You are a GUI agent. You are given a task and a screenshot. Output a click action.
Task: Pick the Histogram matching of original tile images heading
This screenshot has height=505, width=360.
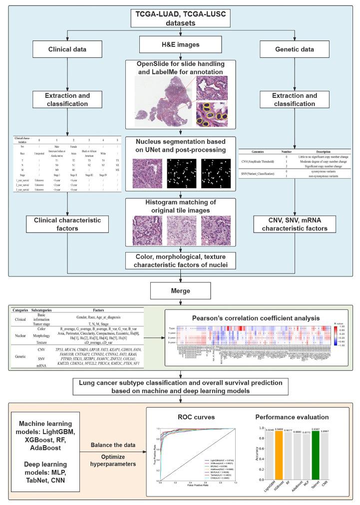[x=180, y=192]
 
